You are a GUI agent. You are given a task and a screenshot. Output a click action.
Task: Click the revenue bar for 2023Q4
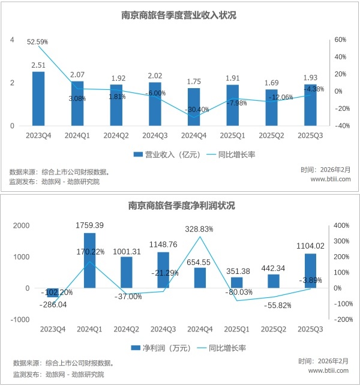point(38,99)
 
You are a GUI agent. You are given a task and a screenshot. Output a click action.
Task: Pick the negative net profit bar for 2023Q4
point(52,292)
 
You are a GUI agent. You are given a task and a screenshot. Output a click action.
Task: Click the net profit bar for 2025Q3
point(311,271)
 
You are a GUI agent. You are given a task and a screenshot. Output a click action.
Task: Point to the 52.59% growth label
point(38,42)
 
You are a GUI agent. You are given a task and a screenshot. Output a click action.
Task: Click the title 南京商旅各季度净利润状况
point(181,206)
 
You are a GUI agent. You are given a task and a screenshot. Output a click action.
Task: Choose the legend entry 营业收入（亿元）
point(161,155)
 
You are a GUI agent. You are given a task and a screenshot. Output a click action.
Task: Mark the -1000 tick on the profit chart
point(21,319)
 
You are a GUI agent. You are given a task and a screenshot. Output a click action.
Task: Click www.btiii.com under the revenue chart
point(331,179)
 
